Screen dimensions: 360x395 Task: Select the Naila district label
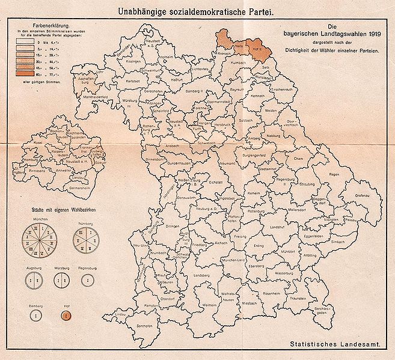(x=222, y=44)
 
